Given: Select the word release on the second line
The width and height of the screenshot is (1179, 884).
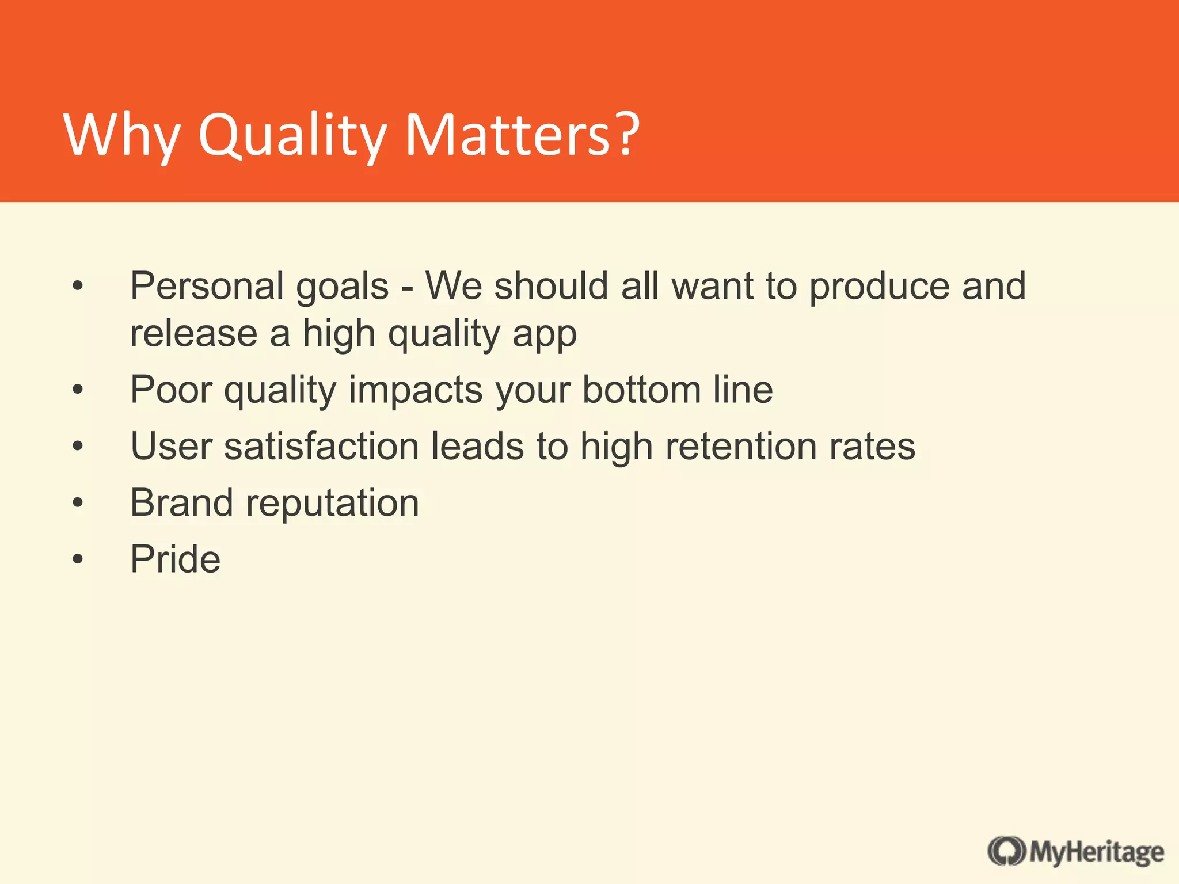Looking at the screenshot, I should pyautogui.click(x=193, y=334).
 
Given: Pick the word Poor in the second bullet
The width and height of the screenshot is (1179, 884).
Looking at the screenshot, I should pyautogui.click(x=171, y=390).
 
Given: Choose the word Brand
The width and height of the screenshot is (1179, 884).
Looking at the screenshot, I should pyautogui.click(x=182, y=502).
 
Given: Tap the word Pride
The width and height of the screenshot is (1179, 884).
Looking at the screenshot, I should pyautogui.click(x=176, y=559).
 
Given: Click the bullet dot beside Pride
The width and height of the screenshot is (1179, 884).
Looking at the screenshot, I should pyautogui.click(x=78, y=559).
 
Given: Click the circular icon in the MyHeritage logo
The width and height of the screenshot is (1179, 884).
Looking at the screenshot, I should pyautogui.click(x=1006, y=851).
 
